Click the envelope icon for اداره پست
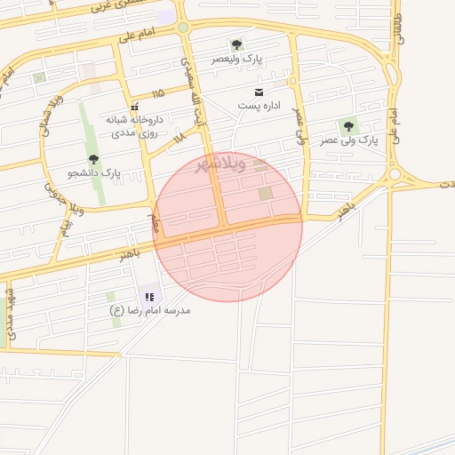point(259,92)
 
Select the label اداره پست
point(259,106)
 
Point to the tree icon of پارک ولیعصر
point(236,44)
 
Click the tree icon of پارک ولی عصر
point(348,127)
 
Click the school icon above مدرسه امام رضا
point(148,297)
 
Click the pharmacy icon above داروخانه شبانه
point(133,107)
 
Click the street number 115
point(158,94)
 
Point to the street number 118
point(180,139)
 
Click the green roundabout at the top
point(183,28)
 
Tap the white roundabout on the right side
point(395,176)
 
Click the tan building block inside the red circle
point(266,193)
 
